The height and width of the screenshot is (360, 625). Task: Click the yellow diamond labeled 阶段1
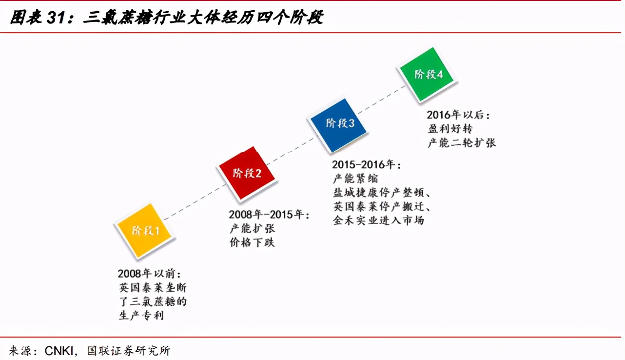point(145,231)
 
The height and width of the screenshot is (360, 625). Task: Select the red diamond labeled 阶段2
point(247,173)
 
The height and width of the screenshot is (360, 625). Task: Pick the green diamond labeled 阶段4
point(428,75)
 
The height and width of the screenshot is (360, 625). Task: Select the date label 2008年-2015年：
point(269,215)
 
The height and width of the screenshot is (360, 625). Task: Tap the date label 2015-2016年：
point(367,165)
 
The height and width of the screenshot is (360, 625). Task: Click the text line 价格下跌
point(252,242)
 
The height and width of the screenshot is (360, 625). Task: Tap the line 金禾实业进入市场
point(378,220)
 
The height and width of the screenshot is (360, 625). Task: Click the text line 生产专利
point(141,315)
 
